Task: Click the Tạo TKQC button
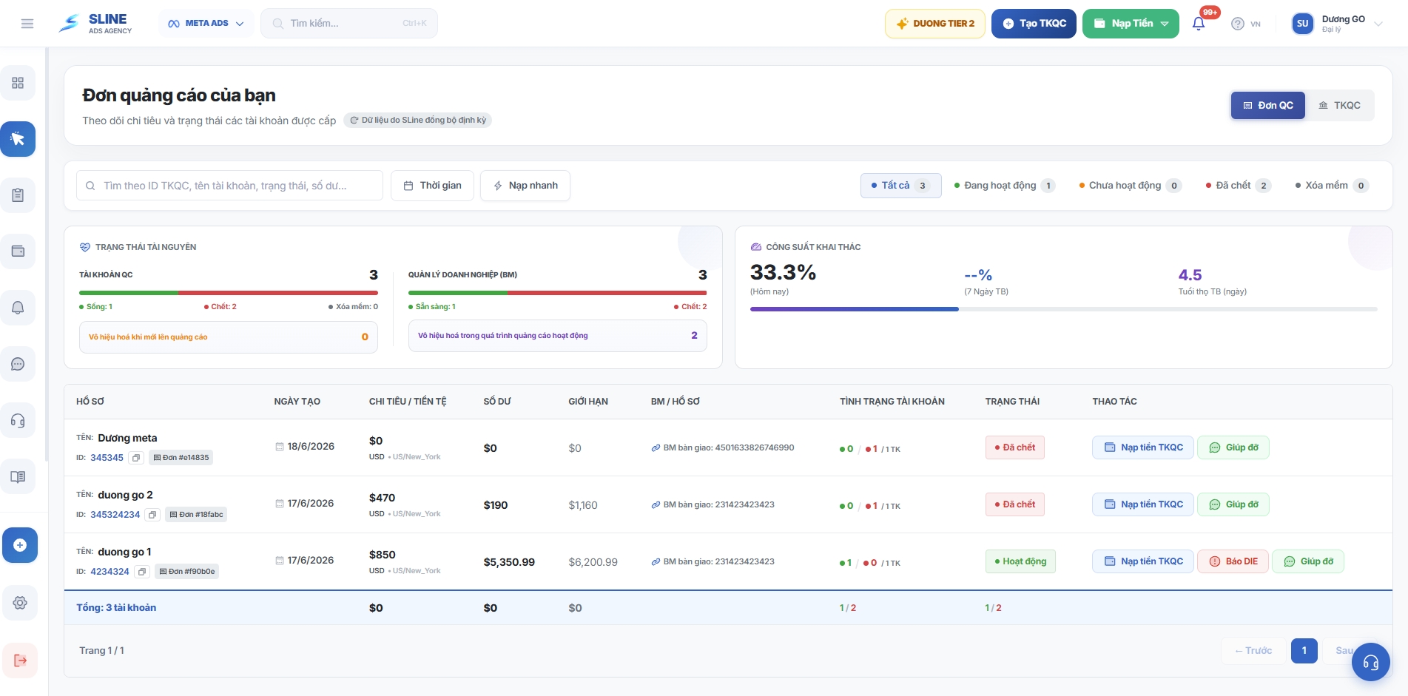(1034, 24)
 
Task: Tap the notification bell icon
(1199, 24)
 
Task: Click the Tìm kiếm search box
(349, 24)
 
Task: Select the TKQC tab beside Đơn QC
(1340, 106)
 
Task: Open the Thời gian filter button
(433, 186)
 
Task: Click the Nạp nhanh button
(525, 186)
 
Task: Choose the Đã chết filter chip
(1239, 186)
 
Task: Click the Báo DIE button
(1233, 561)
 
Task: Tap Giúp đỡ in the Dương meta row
(1233, 447)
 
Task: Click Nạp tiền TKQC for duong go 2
(1143, 504)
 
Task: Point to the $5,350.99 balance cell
(509, 562)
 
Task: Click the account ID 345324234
(115, 515)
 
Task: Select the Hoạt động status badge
(1020, 561)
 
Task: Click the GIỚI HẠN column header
(588, 402)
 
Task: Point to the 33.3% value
(783, 273)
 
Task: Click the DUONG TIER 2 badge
(935, 24)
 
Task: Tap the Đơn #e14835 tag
(181, 458)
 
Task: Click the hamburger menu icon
(27, 24)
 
